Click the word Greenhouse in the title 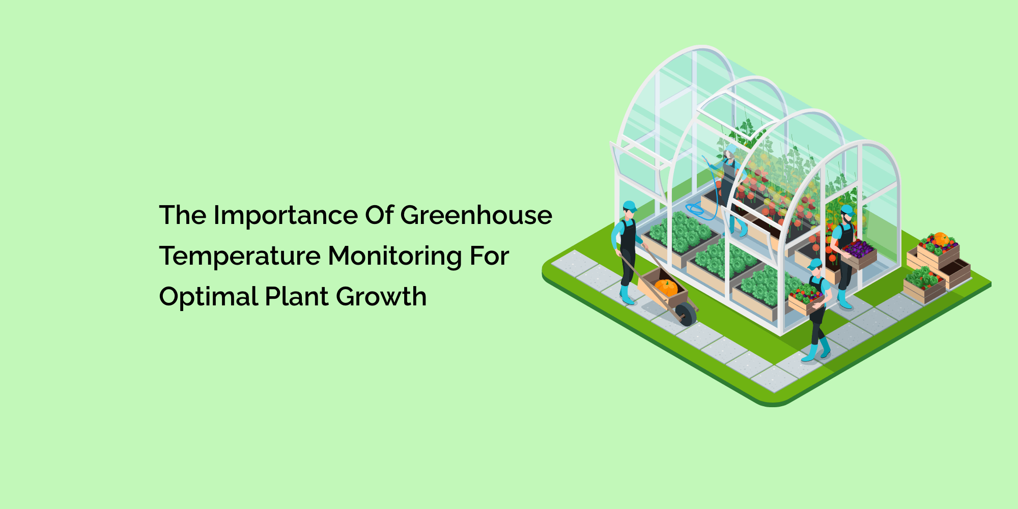click(476, 215)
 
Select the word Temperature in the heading click(239, 256)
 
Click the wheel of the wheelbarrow click(686, 314)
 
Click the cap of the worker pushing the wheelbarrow click(630, 206)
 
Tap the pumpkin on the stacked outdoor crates click(941, 238)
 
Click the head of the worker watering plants click(730, 152)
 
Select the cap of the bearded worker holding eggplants click(847, 209)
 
